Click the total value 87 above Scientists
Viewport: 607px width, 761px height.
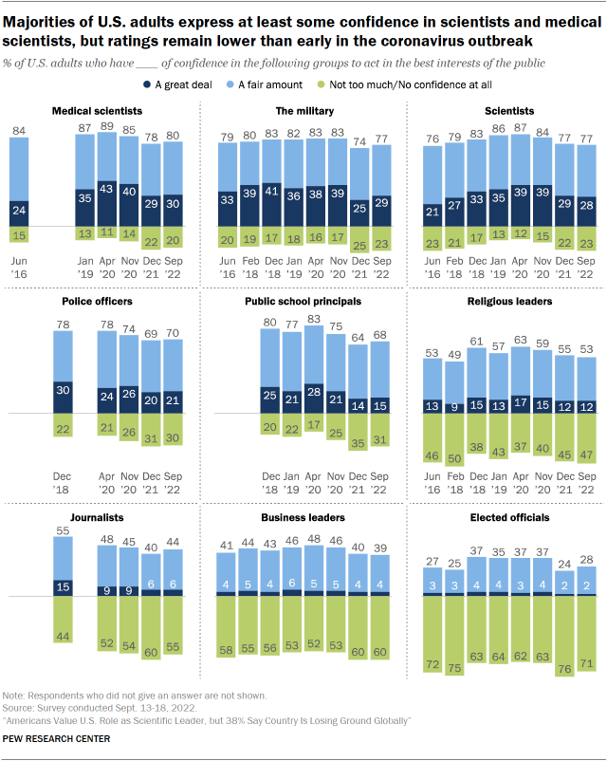pos(519,127)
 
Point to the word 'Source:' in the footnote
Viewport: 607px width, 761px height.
pos(18,707)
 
